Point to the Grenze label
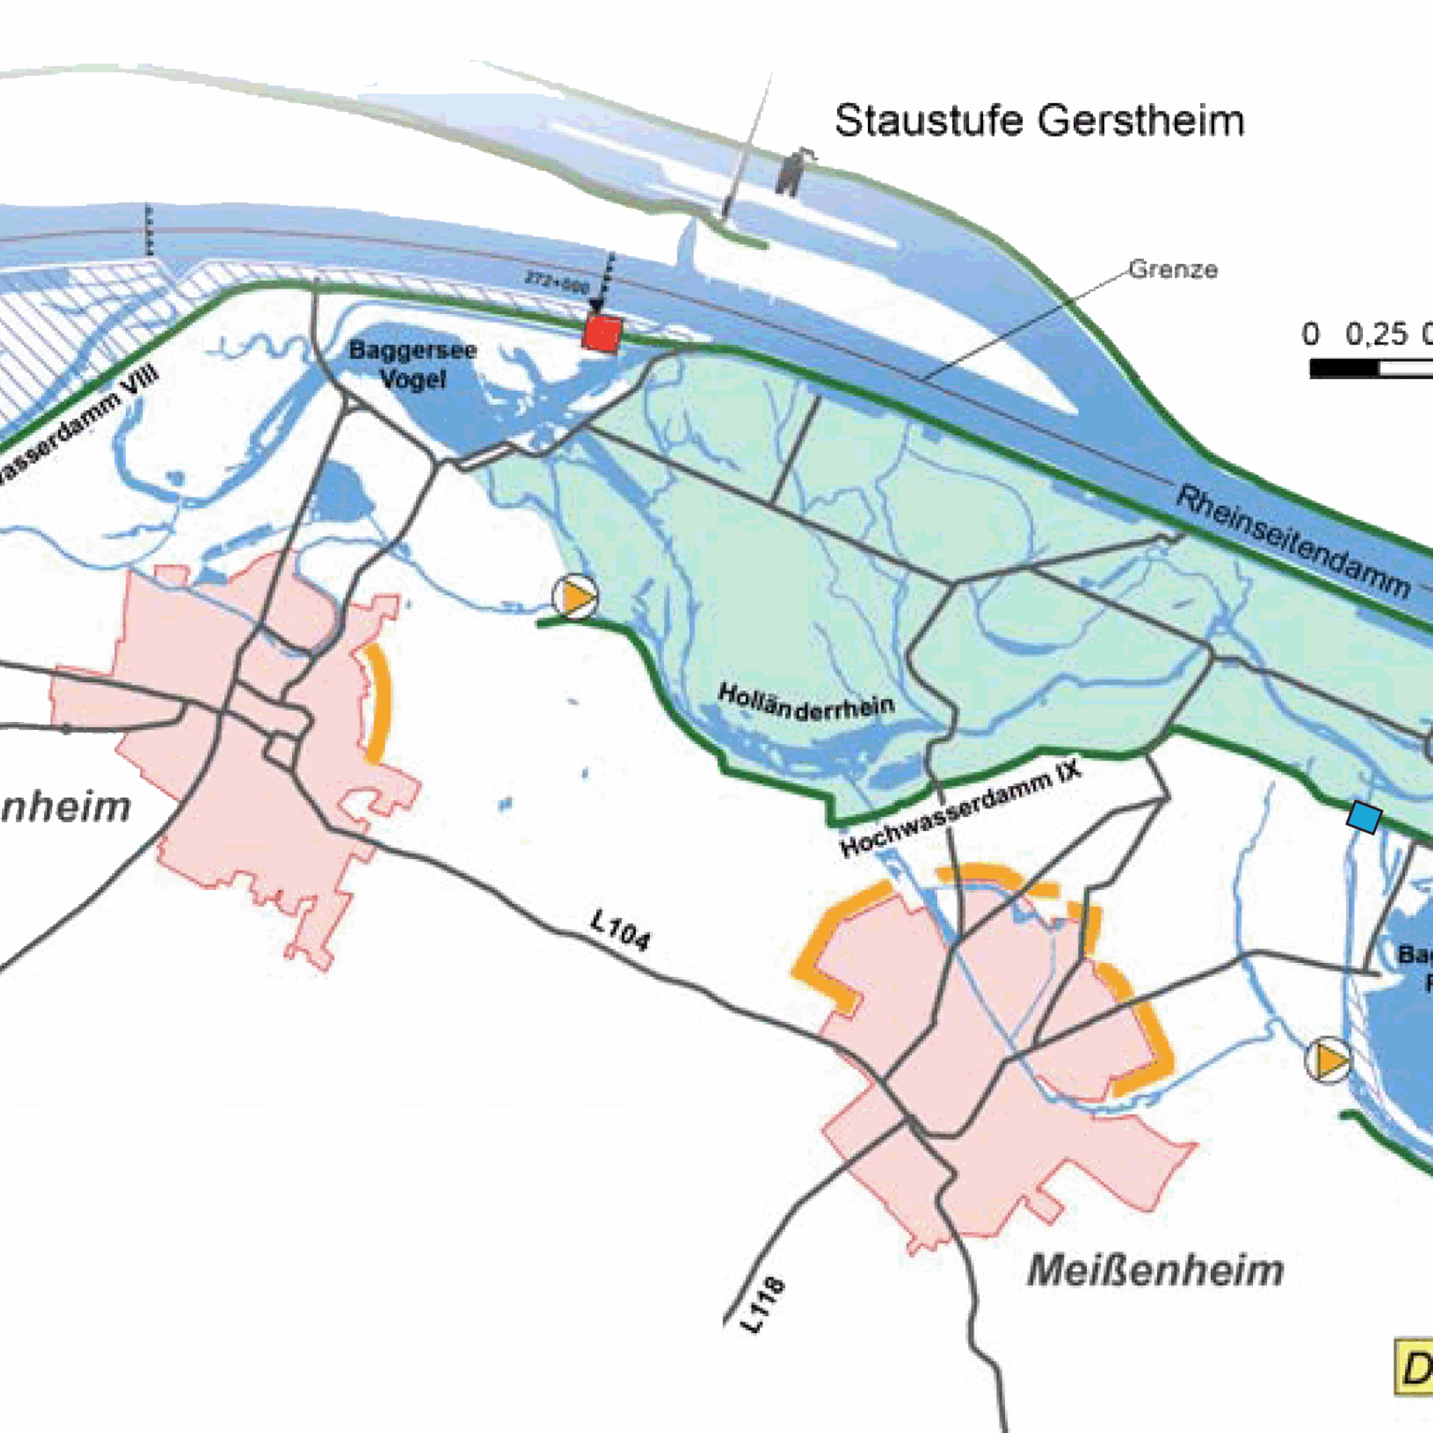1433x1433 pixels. pos(1173,269)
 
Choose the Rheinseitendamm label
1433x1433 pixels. pos(1293,541)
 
